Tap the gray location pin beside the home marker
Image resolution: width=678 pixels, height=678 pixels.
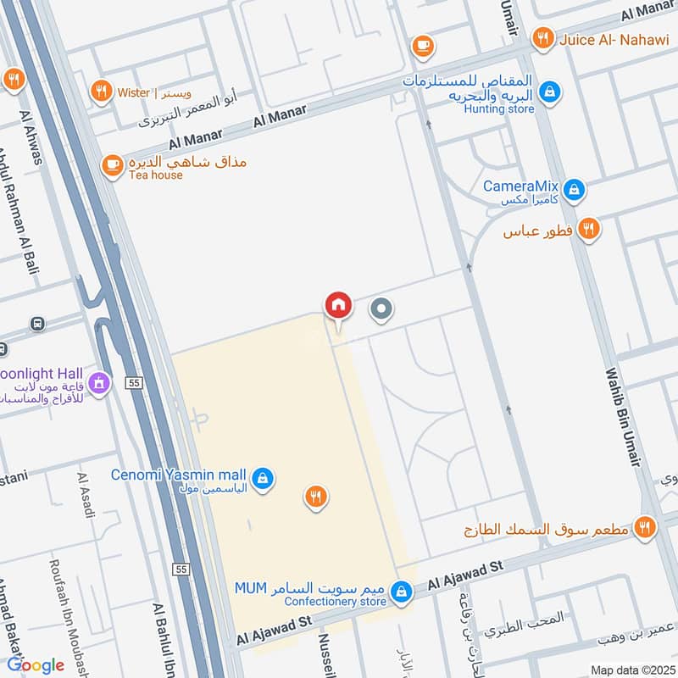(x=381, y=311)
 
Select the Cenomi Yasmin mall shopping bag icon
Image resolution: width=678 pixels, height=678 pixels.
(x=265, y=478)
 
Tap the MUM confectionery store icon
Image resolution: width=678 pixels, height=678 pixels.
(x=403, y=592)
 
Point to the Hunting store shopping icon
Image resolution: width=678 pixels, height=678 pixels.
(x=550, y=90)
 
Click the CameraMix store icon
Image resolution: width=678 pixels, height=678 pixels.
(x=575, y=189)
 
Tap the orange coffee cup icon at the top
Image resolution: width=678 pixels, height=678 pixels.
(x=422, y=45)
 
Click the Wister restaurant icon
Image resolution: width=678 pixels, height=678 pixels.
(x=102, y=91)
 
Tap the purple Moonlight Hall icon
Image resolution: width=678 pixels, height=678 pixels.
(x=100, y=384)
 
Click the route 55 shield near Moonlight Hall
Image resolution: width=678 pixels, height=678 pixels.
(x=133, y=383)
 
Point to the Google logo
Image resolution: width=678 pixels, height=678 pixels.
(x=36, y=664)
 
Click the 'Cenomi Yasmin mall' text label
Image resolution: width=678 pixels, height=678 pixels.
(x=181, y=475)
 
